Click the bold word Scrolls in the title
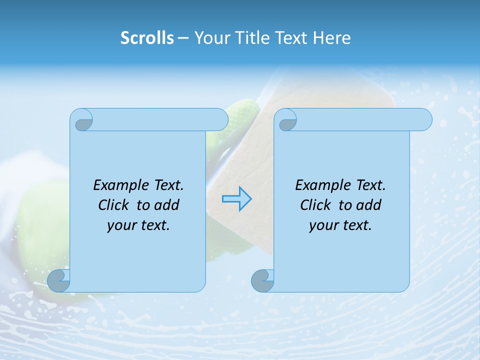click(x=147, y=38)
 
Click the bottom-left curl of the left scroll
click(x=59, y=280)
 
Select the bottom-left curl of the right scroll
click(x=263, y=280)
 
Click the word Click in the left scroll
click(x=114, y=205)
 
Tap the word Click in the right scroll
click(x=316, y=205)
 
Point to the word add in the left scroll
click(x=167, y=205)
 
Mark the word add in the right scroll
click(x=369, y=205)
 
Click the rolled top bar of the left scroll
click(x=155, y=119)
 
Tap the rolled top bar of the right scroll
click(x=360, y=119)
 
